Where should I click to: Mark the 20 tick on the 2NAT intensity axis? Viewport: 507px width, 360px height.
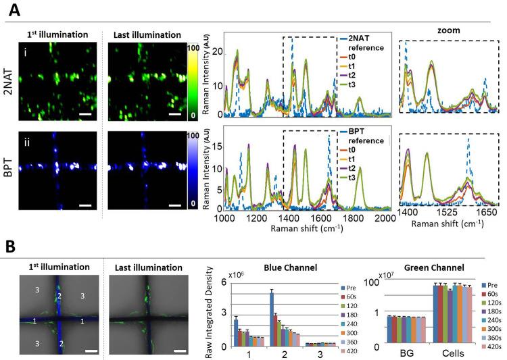point(215,51)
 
